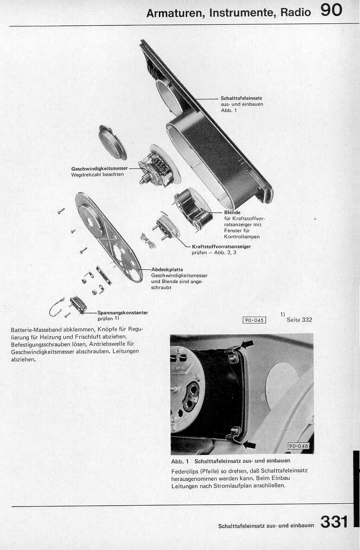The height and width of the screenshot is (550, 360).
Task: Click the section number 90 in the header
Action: click(331, 11)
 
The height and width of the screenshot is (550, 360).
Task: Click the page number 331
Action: click(334, 522)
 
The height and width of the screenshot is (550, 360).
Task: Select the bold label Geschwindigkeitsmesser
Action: click(99, 169)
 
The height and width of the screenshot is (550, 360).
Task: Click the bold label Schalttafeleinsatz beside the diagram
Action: click(241, 98)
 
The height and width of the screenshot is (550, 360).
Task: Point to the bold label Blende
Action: click(232, 212)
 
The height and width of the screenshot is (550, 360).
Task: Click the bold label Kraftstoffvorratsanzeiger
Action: click(222, 247)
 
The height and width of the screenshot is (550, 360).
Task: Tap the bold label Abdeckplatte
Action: click(167, 269)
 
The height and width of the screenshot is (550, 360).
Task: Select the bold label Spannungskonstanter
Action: click(123, 313)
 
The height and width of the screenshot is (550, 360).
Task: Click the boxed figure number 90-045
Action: click(254, 320)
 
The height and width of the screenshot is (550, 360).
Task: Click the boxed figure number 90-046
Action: click(299, 446)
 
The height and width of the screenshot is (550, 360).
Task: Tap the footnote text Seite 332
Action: click(299, 320)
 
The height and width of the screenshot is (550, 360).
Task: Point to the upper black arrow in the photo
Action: click(247, 344)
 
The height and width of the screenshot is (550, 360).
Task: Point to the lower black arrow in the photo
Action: click(248, 444)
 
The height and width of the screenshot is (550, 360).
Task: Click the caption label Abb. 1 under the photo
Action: click(180, 461)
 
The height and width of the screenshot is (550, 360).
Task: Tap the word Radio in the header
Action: click(295, 13)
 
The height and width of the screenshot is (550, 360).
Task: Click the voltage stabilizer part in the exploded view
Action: click(78, 304)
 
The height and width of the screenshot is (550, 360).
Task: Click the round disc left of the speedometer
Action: click(112, 142)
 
